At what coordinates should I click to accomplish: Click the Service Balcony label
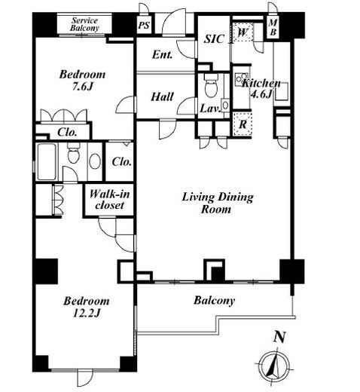coord(84,24)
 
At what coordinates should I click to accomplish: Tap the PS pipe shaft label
coord(144,25)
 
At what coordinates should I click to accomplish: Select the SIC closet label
coord(214,39)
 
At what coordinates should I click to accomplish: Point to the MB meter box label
coord(273,27)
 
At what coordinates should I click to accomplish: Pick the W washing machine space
coord(243,32)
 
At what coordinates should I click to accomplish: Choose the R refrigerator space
coord(243,124)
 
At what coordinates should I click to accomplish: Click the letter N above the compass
coord(279,337)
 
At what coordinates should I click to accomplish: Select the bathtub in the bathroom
coord(47,161)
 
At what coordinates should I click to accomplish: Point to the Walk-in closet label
coord(109,200)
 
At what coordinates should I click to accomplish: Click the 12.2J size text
coord(87,313)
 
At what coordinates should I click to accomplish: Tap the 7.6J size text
coord(83,87)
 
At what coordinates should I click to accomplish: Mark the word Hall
coord(162,96)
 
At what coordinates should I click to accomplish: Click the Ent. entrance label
coord(163,54)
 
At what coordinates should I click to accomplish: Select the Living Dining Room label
coord(218,203)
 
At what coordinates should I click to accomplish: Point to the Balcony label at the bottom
coord(214,301)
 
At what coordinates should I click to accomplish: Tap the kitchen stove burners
coord(242,78)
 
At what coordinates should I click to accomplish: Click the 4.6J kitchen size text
coord(261,94)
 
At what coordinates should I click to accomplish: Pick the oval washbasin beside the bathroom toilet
coord(95,161)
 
